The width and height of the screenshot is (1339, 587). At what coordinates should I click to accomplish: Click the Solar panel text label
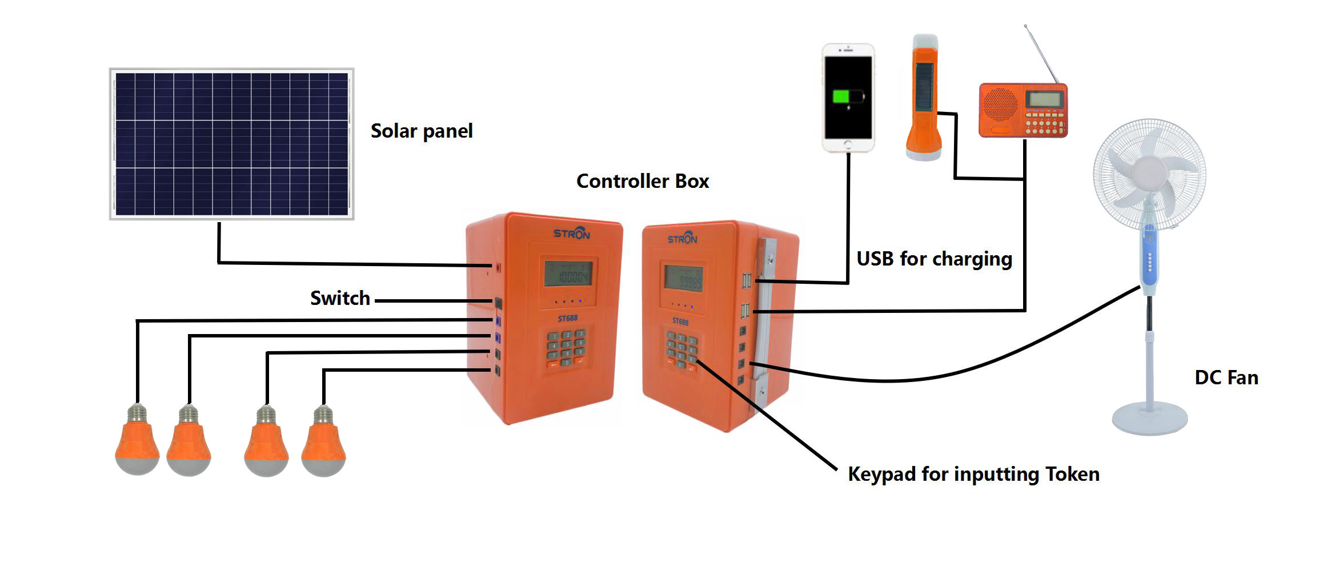point(422,131)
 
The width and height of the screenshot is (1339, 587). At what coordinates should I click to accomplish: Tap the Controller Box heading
point(642,181)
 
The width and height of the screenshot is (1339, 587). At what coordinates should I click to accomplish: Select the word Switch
point(340,298)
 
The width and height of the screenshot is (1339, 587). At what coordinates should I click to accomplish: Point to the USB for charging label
point(934,259)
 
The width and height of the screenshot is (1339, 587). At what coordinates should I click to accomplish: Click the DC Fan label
point(1226,377)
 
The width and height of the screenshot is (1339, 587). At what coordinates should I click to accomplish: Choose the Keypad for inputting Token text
point(973,474)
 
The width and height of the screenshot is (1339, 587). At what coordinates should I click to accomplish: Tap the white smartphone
point(848,98)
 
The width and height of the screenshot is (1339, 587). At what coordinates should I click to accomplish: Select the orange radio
point(1023,110)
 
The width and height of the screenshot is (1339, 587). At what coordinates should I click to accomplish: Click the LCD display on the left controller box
point(567,274)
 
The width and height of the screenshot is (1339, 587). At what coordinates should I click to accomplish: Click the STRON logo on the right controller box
point(683,238)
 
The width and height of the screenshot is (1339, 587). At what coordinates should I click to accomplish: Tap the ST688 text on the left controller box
point(567,317)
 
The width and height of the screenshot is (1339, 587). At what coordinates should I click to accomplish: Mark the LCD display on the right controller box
point(683,278)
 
